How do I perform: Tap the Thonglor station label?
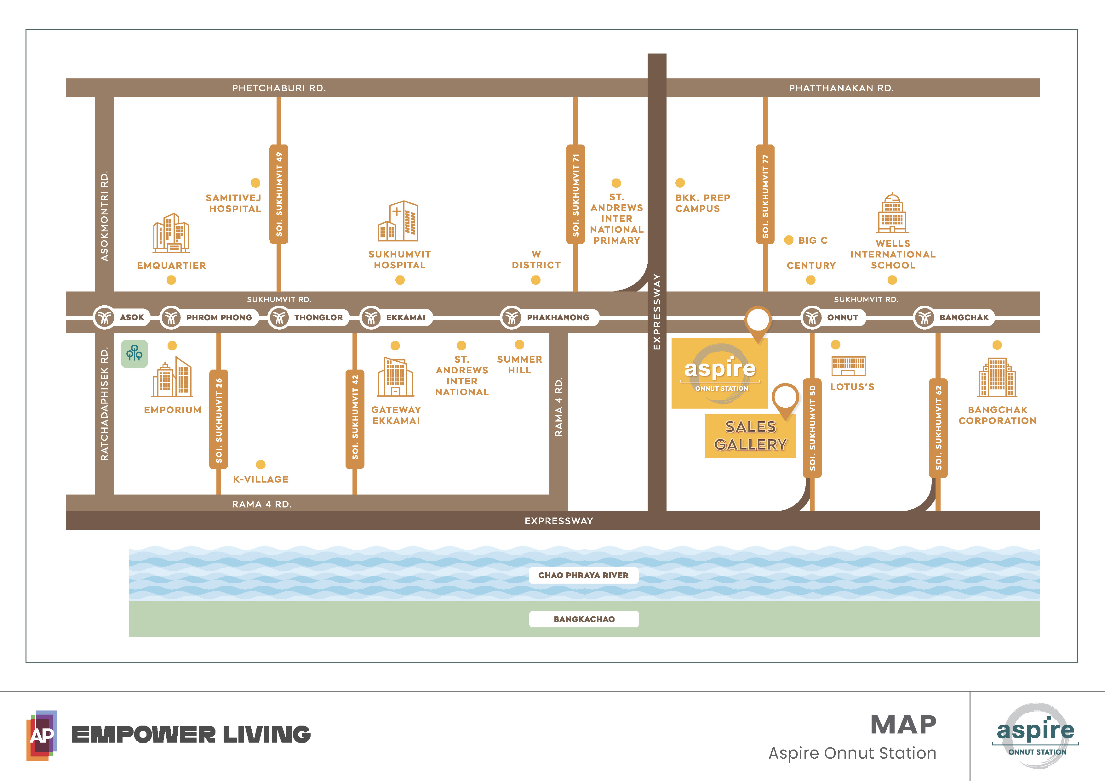click(x=318, y=317)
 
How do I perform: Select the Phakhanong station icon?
click(x=512, y=317)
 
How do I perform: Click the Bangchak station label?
click(x=964, y=317)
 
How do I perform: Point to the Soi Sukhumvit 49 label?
click(x=279, y=194)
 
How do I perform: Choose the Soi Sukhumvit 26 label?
click(x=219, y=419)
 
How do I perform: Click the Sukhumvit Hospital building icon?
click(x=398, y=221)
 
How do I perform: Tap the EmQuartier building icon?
click(x=171, y=233)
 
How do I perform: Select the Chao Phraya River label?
click(x=583, y=575)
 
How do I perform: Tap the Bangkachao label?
click(x=584, y=619)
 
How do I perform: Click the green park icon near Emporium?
click(x=134, y=354)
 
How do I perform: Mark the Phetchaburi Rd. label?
click(x=279, y=88)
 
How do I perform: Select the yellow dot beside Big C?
click(x=789, y=240)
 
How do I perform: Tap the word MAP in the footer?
click(x=903, y=725)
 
